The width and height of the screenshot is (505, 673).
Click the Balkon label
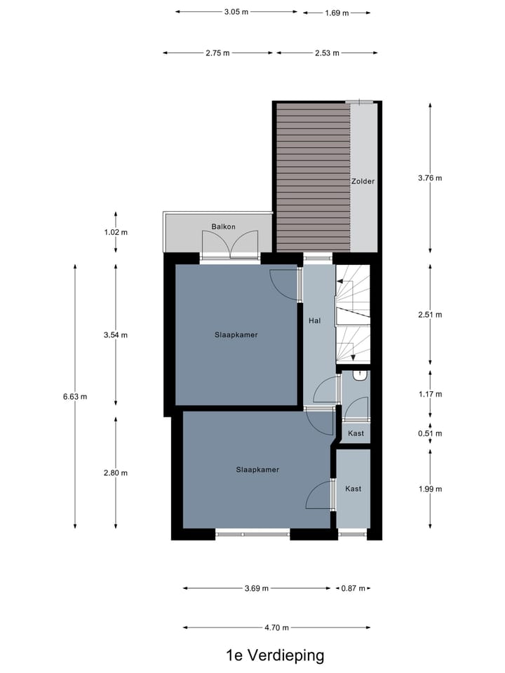223,226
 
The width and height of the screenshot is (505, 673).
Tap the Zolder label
363,181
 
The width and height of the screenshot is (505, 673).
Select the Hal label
315,320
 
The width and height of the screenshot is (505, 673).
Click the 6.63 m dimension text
74,397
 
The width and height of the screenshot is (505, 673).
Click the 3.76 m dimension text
430,177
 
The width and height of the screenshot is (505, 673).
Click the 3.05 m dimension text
236,12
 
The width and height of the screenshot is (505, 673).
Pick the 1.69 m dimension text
337,12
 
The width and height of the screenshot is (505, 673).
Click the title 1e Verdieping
275,655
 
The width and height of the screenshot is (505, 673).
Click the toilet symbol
360,376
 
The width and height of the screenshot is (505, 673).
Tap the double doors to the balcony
230,243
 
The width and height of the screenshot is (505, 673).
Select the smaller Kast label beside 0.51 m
356,434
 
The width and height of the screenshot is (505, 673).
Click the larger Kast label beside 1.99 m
353,489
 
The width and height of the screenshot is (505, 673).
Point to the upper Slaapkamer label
236,335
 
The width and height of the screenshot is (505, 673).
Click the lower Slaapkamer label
257,470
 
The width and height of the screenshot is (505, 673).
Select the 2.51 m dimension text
430,315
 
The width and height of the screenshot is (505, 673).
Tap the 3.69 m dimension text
257,588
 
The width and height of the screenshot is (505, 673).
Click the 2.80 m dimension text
116,473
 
